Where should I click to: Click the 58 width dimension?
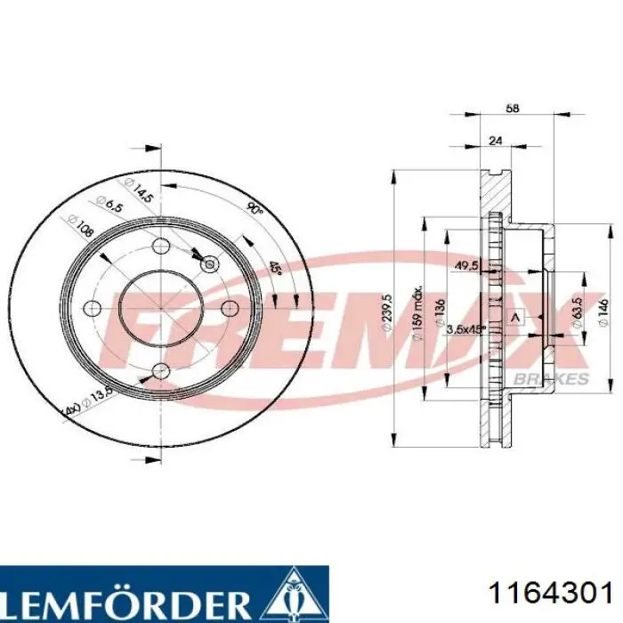click(x=512, y=109)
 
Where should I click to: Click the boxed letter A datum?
click(x=514, y=317)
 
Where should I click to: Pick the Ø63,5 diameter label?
click(x=578, y=308)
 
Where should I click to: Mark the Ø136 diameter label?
click(x=441, y=314)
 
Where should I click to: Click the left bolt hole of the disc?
click(x=92, y=308)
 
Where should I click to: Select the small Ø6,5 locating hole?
click(x=210, y=263)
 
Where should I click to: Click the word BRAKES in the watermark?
click(x=560, y=378)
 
